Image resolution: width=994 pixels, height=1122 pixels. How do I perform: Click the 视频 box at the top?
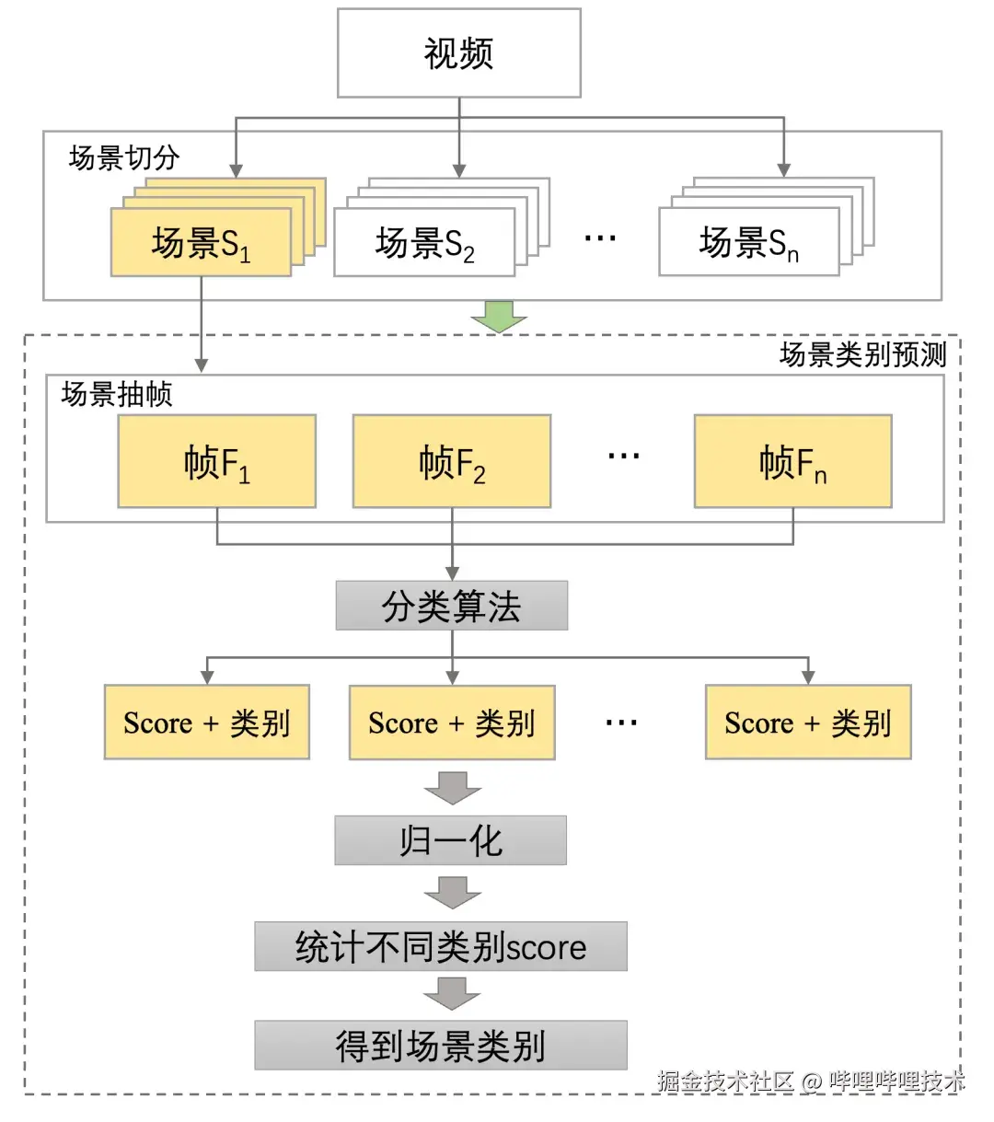point(458,53)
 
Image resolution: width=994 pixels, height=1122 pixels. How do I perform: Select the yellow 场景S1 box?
point(201,243)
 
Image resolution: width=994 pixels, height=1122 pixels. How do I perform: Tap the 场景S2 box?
point(424,243)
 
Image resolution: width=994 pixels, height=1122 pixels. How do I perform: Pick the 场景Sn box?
point(748,243)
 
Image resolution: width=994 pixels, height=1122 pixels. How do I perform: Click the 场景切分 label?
point(124,157)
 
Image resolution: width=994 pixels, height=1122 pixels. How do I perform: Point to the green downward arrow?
point(499,316)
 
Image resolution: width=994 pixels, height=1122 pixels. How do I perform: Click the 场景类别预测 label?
point(861,354)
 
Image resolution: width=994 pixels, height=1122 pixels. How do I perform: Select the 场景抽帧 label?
point(117,395)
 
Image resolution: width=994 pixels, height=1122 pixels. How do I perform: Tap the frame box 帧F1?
point(216,461)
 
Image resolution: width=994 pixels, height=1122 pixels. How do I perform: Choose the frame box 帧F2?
point(452,461)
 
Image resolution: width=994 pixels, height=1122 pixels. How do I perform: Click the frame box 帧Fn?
point(792,461)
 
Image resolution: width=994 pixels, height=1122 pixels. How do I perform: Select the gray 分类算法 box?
point(451,606)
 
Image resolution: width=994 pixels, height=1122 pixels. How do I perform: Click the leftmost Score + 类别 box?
point(206,723)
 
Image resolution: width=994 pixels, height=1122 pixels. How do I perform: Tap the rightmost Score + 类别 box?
point(807,723)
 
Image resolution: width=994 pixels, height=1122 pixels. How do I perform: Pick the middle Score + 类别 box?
point(451,723)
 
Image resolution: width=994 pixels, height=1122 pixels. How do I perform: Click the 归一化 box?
point(450,840)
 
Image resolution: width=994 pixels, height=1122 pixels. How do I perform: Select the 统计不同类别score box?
point(440,946)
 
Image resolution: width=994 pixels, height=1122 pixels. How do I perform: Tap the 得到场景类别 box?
point(440,1046)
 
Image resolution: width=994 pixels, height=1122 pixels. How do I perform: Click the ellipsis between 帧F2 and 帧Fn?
point(623,456)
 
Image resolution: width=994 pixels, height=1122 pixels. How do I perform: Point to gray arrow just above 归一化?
point(452,788)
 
